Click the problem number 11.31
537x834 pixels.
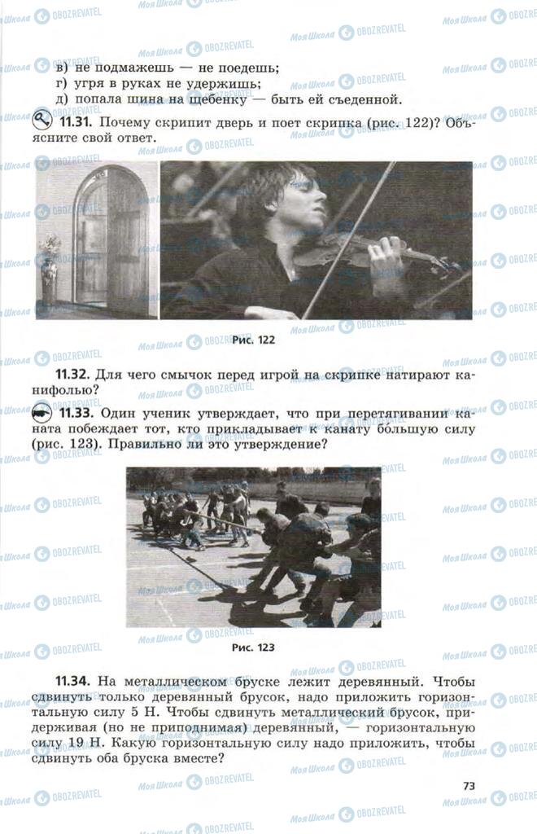coord(76,122)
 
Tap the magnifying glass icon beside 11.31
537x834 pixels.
coord(41,121)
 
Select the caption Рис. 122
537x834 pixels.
coord(253,340)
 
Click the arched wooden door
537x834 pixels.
coord(107,242)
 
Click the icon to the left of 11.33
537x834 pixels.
coord(42,413)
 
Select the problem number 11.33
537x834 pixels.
coord(76,413)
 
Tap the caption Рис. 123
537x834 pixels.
coord(253,647)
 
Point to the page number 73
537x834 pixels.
coord(469,786)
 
